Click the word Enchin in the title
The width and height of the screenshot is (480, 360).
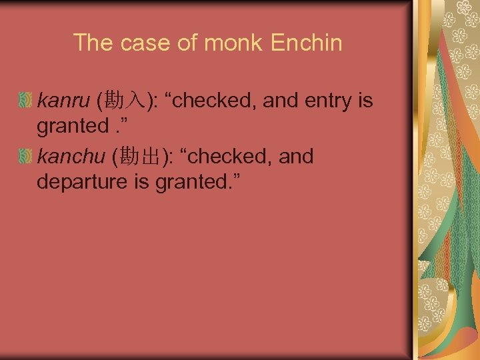307,43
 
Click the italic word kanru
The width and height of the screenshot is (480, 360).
63,101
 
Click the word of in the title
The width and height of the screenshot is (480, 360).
189,43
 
